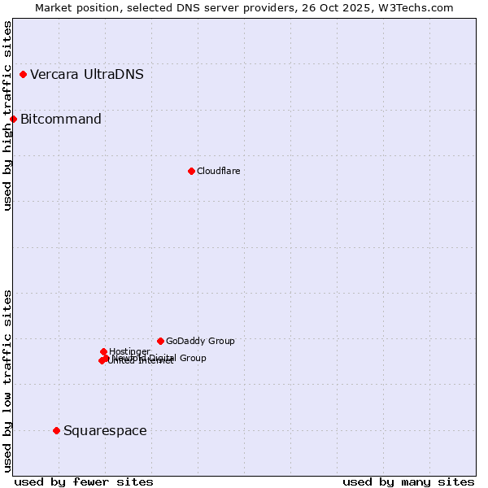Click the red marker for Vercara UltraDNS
click(23, 75)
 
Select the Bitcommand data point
click(13, 120)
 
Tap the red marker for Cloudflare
click(191, 171)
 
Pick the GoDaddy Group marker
click(160, 341)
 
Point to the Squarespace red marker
click(56, 430)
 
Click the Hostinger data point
click(103, 351)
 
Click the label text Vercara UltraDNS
click(87, 75)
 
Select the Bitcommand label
click(61, 120)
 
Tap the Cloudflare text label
click(218, 171)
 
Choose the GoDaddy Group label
click(200, 341)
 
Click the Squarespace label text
click(105, 430)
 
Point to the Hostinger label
click(129, 351)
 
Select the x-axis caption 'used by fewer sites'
click(84, 481)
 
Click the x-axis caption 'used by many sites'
click(408, 481)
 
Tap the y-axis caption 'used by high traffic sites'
click(7, 115)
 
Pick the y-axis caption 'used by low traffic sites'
click(7, 381)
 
